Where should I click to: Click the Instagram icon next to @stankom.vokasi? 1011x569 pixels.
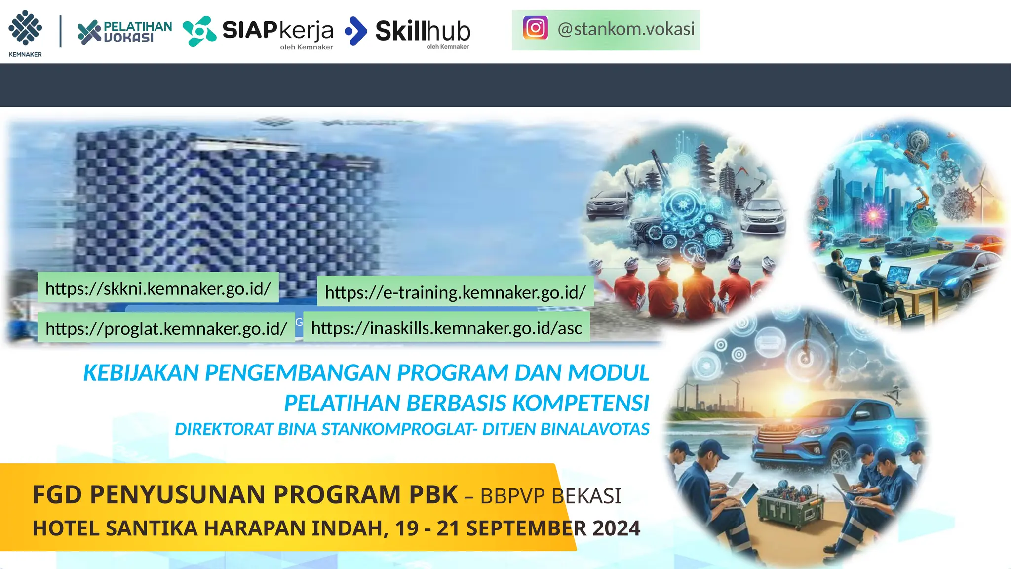coord(536,28)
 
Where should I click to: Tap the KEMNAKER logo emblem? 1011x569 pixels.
coord(25,29)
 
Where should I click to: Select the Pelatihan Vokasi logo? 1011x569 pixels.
coord(125,32)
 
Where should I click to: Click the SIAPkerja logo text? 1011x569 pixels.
coord(277,31)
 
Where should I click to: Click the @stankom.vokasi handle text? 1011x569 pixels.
coord(626,29)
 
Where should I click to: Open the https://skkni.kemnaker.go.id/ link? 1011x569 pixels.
coord(158,288)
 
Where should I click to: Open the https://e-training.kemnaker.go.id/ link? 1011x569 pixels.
coord(455,292)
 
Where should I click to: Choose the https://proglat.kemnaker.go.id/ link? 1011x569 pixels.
coord(166,328)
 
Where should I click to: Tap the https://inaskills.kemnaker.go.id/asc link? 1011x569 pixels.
coord(446,328)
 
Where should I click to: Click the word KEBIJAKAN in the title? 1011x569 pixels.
coord(141,373)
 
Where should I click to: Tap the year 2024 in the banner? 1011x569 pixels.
coord(616,528)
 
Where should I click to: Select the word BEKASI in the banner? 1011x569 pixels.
coord(585,496)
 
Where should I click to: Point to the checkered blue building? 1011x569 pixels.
coord(222,207)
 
